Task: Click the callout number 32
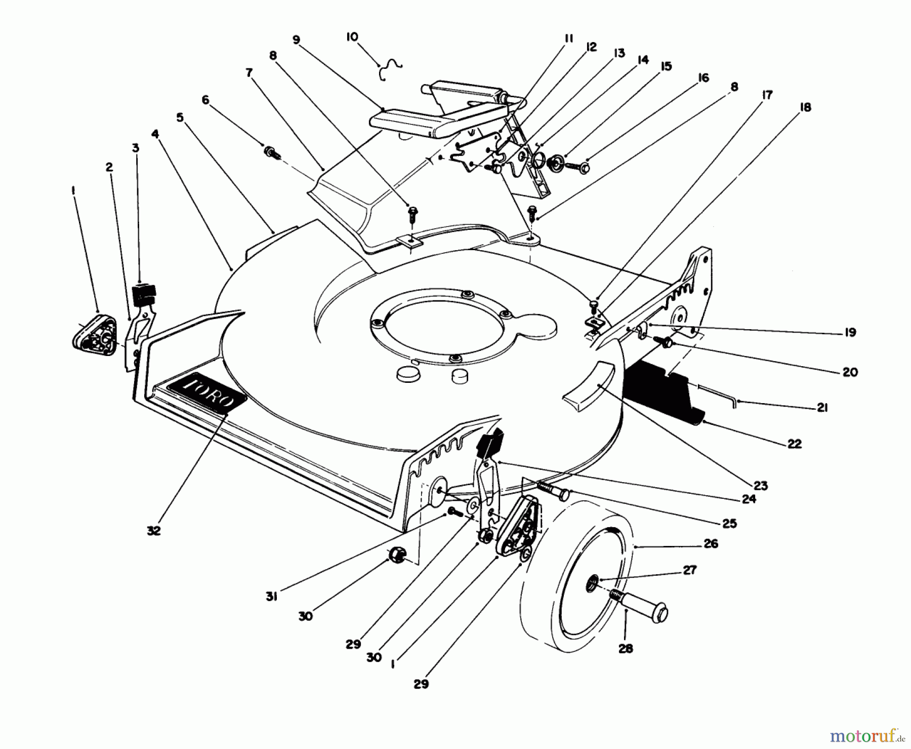pyautogui.click(x=154, y=530)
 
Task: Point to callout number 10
pyautogui.click(x=352, y=37)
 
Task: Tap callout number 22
pyautogui.click(x=795, y=444)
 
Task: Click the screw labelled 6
pyautogui.click(x=271, y=151)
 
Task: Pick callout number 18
pyautogui.click(x=805, y=107)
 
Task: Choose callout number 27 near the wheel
pyautogui.click(x=689, y=570)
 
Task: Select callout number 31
pyautogui.click(x=271, y=597)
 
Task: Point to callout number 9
pyautogui.click(x=296, y=40)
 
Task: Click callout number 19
pyautogui.click(x=850, y=332)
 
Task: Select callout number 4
pyautogui.click(x=155, y=134)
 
